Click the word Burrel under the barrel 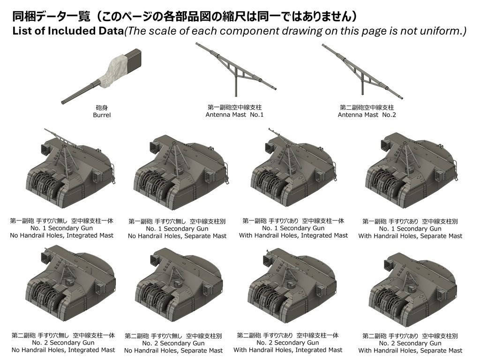(x=102, y=115)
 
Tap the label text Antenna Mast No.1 (x=234, y=115)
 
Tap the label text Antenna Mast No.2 (x=367, y=115)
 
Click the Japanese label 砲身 (x=102, y=107)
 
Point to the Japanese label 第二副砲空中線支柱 (x=367, y=107)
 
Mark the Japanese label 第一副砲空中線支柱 (x=234, y=107)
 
